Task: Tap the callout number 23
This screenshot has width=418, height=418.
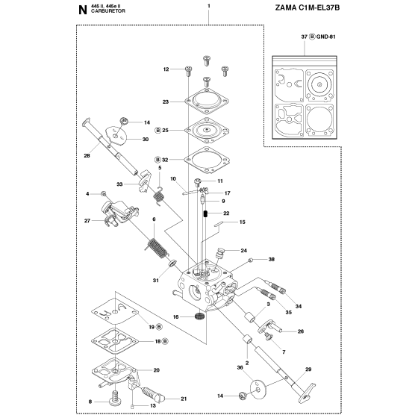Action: click(166, 102)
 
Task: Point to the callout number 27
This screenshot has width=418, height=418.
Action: click(87, 221)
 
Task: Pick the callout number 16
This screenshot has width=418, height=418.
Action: click(176, 317)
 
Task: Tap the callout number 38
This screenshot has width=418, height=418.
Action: click(272, 260)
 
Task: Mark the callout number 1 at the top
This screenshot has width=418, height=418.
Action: click(209, 6)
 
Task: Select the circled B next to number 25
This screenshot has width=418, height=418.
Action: click(157, 130)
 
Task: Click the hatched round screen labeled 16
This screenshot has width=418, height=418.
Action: click(199, 317)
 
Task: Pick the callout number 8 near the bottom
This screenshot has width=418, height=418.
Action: click(90, 402)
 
